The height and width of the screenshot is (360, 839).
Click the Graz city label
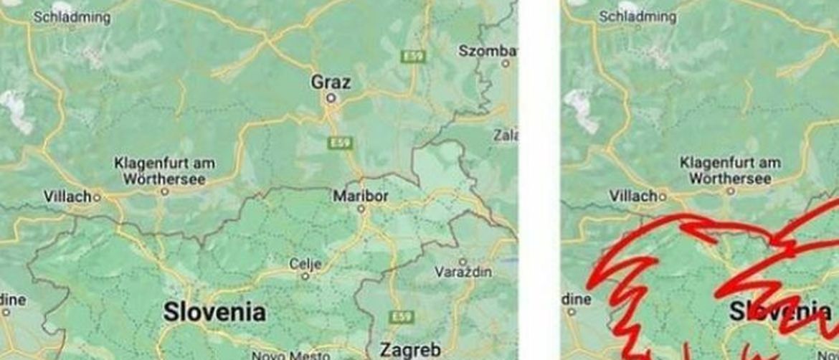click(331, 82)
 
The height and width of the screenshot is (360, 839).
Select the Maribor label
click(361, 196)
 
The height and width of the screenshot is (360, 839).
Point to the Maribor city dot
click(361, 209)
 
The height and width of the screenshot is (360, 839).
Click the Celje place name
click(305, 264)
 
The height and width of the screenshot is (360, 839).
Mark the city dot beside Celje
click(305, 276)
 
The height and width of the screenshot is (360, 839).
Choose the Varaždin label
click(464, 273)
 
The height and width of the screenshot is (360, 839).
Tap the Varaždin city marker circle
click(463, 262)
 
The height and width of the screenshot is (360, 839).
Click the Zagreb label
click(409, 349)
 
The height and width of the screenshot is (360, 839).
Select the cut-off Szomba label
click(488, 51)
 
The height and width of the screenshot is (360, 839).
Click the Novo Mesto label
click(285, 355)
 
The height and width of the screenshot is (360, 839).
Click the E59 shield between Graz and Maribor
click(339, 143)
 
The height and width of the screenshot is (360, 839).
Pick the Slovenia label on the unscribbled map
click(214, 312)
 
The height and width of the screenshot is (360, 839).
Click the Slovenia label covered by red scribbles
click(780, 311)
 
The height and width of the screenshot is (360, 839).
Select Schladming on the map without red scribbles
click(72, 17)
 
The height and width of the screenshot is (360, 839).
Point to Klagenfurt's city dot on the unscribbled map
click(164, 192)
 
